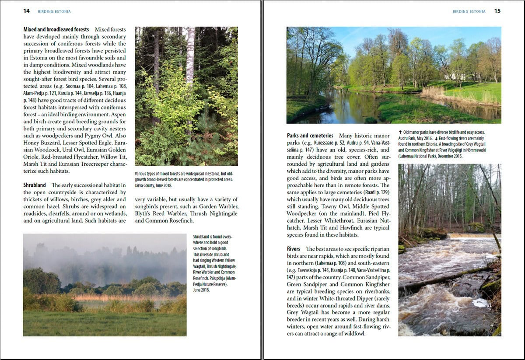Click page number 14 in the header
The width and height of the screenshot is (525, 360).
27,11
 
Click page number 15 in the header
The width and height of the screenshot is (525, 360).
497,11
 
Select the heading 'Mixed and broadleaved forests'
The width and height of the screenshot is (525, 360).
56,30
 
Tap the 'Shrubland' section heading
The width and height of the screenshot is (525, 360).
35,185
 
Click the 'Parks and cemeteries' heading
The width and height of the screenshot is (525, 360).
310,136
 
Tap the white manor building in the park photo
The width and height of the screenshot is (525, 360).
455,76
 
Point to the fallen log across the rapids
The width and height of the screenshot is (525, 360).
442,279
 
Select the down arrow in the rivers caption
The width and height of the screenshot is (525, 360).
436,138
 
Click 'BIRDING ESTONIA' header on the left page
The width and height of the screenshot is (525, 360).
54,11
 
